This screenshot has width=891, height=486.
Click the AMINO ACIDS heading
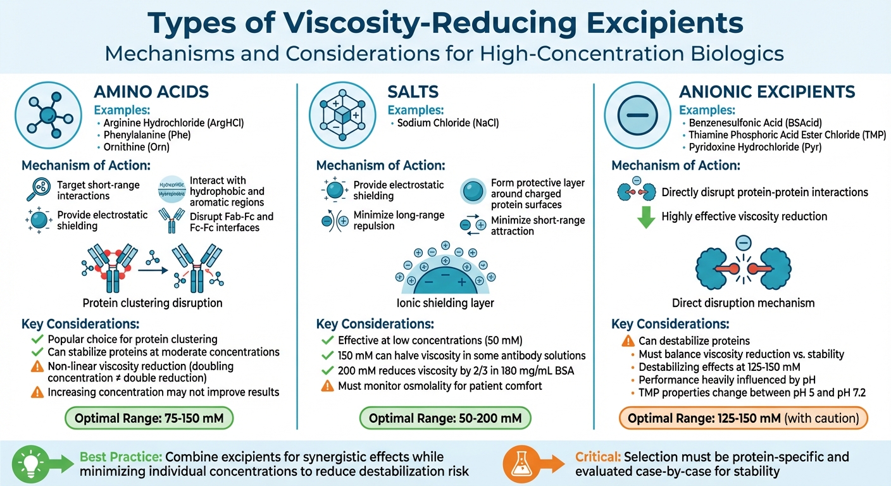(151, 91)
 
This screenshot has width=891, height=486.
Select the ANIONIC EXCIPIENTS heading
(768, 91)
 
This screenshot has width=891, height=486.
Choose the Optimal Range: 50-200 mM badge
(445, 418)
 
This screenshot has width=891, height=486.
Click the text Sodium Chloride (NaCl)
(448, 123)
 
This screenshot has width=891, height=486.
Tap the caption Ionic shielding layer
(445, 302)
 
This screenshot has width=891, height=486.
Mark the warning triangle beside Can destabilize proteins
(627, 341)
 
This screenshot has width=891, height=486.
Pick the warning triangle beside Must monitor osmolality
(327, 386)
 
